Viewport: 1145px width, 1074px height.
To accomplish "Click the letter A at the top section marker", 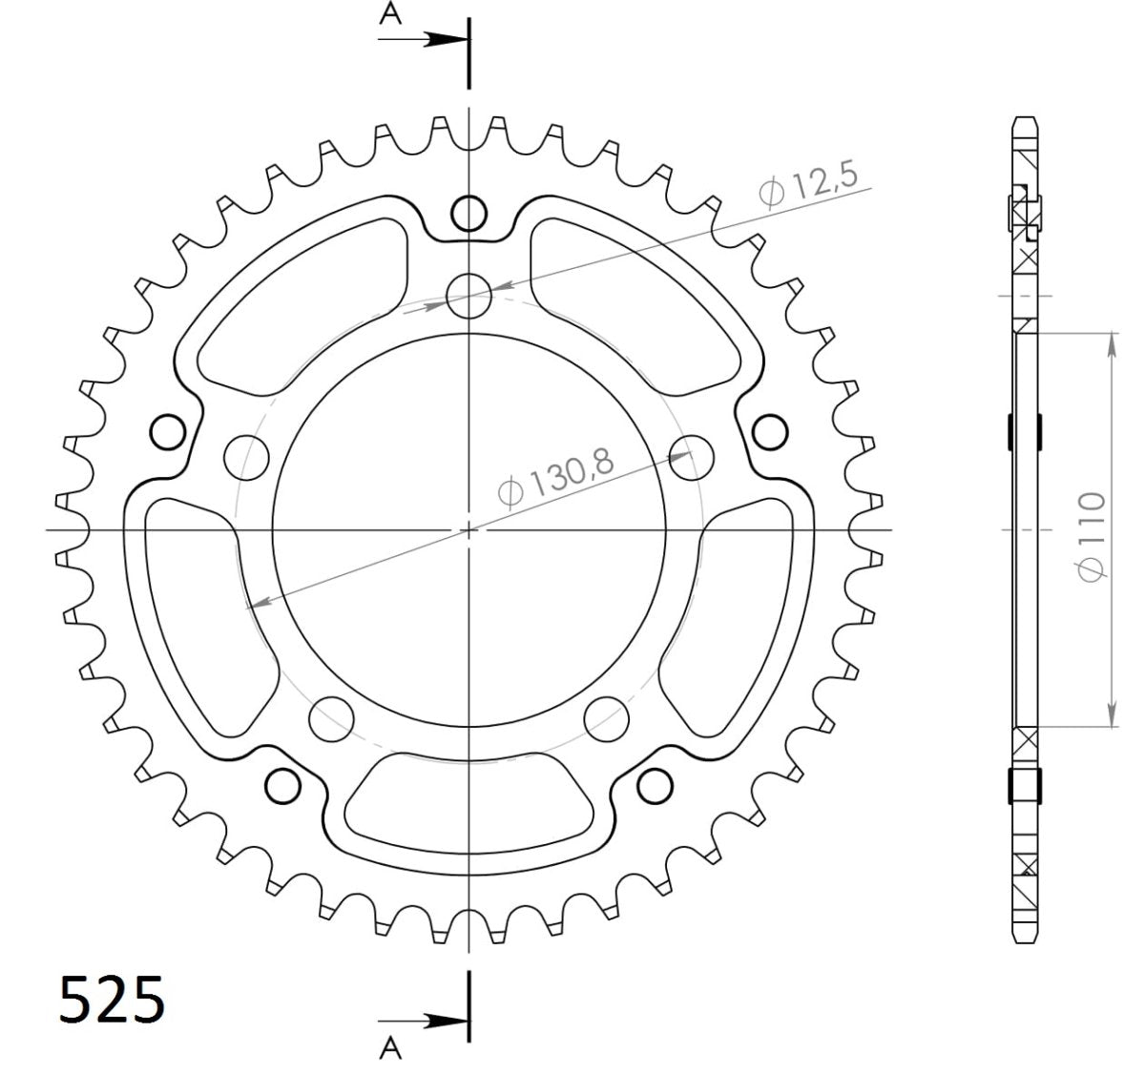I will click(389, 12).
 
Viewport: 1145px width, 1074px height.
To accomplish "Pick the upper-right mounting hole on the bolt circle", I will click(693, 457).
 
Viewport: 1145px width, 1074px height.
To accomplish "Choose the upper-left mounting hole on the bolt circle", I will click(244, 457).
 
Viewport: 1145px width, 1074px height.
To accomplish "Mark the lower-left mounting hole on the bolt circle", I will click(330, 717).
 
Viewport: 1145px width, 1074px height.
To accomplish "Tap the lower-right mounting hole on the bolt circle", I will click(607, 717).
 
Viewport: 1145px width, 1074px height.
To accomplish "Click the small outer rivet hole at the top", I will click(468, 213).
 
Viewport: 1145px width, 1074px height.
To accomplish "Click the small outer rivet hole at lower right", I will click(654, 786).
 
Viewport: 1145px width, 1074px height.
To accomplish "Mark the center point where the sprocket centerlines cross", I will click(468, 528).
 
